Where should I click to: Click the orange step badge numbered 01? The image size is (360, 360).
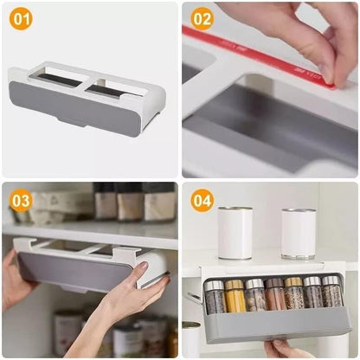(x=20, y=19)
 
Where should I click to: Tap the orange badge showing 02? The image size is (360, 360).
(x=201, y=19)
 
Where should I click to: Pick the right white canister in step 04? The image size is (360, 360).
(x=299, y=233)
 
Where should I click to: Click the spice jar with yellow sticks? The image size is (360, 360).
(x=235, y=296)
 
